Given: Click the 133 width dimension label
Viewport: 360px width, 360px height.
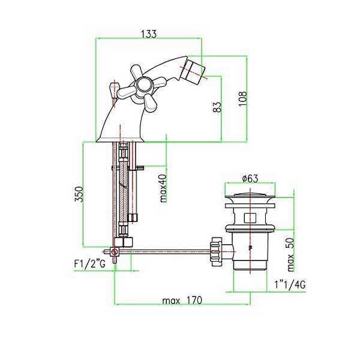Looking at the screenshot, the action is (149, 34).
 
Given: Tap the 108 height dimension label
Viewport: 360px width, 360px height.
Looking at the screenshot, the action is (242, 99).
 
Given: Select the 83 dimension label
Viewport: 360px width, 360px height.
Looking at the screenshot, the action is (217, 107).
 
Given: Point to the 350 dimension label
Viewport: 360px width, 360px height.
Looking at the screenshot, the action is (79, 194).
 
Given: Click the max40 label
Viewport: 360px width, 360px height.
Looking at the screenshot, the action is (163, 188).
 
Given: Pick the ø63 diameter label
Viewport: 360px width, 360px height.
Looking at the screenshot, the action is (250, 178).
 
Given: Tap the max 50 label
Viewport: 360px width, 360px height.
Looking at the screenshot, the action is (290, 254).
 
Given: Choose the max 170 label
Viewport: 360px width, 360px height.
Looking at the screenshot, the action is (182, 301).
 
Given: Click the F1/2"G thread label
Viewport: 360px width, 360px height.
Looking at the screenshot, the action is (89, 264).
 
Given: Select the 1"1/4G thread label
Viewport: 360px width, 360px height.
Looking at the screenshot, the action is (290, 284).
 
